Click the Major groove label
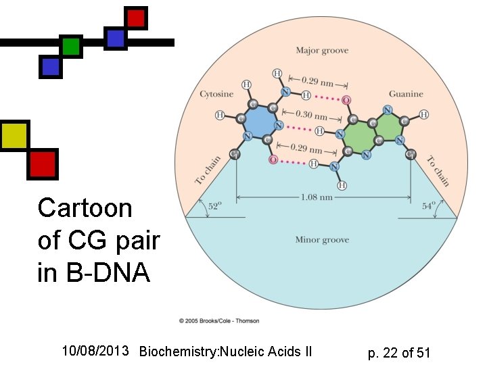click(x=321, y=51)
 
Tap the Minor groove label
click(x=321, y=240)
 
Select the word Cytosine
click(x=216, y=94)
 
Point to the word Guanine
click(x=406, y=94)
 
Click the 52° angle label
click(x=214, y=208)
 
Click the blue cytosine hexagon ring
click(x=260, y=124)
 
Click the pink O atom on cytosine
click(x=273, y=160)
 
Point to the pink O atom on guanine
click(x=346, y=101)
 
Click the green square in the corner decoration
click(x=70, y=47)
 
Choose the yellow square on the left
click(x=14, y=136)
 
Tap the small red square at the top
click(x=136, y=18)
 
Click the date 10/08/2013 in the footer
click(x=95, y=351)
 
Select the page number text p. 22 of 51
click(x=399, y=352)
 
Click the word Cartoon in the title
click(x=85, y=208)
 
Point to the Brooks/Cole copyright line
click(x=219, y=320)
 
